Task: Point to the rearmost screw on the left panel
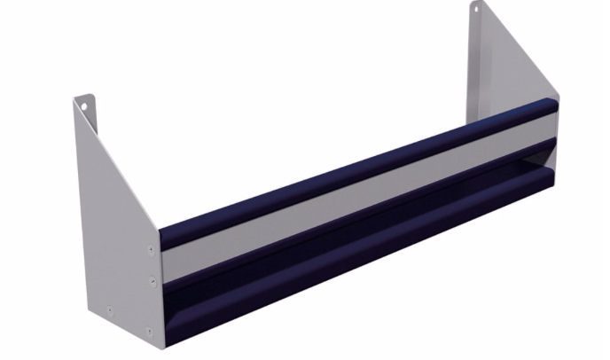click(x=109, y=310)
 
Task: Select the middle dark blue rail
click(x=355, y=217)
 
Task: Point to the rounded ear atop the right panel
click(x=475, y=9)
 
